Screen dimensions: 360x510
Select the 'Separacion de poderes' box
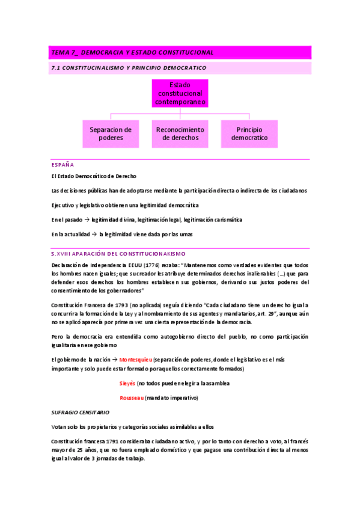point(111,134)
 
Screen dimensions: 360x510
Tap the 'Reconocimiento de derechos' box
point(180,134)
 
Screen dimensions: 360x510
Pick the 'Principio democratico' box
point(249,134)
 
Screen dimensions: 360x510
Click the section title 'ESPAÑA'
point(63,164)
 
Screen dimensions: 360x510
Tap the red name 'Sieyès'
point(128,383)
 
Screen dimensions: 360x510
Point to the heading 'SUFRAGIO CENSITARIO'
point(80,413)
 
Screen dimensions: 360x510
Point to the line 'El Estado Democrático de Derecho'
point(94,176)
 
